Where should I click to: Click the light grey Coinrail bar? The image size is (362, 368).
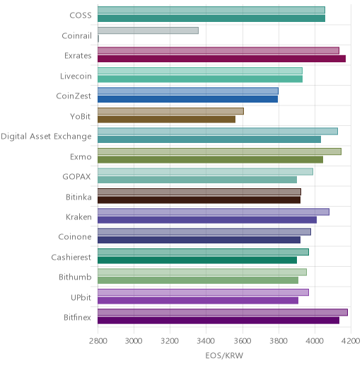[148, 30]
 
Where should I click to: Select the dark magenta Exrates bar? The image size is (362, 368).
[222, 59]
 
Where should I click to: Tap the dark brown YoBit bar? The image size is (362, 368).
[166, 119]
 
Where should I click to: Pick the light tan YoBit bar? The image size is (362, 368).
[170, 111]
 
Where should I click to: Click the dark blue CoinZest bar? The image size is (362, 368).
[187, 99]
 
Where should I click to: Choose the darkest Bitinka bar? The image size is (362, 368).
[199, 200]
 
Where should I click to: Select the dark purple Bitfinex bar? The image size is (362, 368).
[218, 321]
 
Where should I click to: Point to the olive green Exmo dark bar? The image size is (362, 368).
[210, 159]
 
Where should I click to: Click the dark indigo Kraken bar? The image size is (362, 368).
[207, 220]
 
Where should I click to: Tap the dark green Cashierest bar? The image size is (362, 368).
[197, 260]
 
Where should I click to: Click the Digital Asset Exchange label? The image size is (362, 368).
[46, 137]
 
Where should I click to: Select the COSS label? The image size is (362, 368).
[81, 16]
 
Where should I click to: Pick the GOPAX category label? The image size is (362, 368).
[76, 177]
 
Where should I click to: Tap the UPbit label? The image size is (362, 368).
[81, 298]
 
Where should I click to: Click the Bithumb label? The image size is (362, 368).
[75, 277]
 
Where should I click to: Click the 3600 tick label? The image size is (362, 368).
[243, 341]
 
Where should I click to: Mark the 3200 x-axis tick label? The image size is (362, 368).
[170, 341]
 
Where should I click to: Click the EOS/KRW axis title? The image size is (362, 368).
[224, 355]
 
